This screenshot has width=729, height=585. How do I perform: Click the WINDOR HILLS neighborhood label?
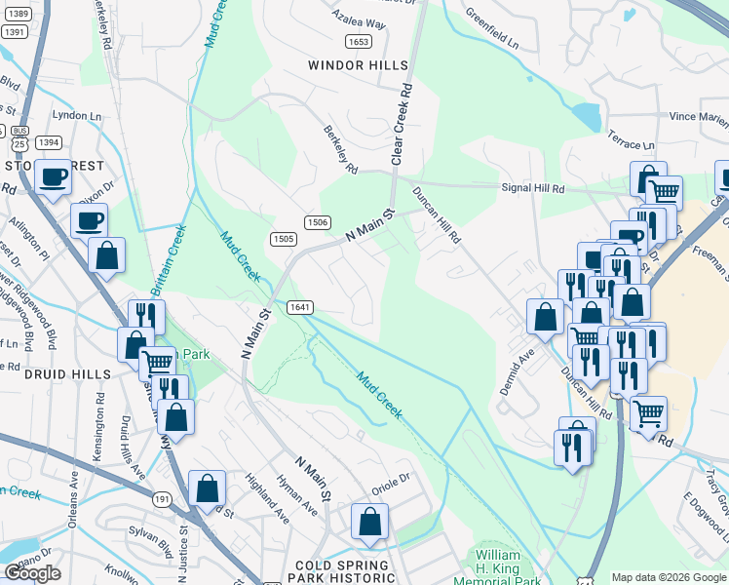pos(358,65)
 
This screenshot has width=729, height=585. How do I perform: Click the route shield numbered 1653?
pos(358,41)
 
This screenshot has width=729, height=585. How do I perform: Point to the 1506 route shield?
pos(316,222)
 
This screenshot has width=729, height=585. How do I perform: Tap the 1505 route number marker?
pos(283,239)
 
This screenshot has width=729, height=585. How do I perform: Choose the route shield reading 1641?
pos(299,307)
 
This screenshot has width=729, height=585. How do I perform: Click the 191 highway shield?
pos(162,498)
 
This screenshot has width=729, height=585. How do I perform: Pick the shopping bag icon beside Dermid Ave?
pos(544,316)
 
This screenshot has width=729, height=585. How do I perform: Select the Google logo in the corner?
pos(32,573)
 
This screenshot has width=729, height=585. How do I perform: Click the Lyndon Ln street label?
pos(76,114)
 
